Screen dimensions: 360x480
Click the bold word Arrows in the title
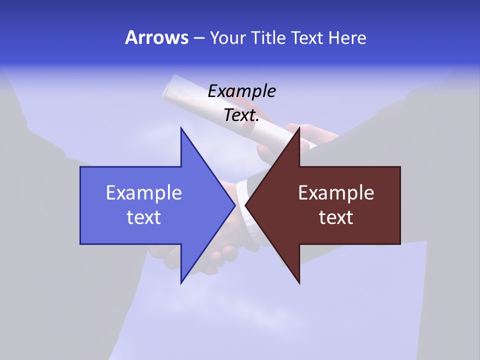click(156, 37)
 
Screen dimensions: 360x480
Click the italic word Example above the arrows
click(242, 91)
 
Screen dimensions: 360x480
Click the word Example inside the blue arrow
click(144, 193)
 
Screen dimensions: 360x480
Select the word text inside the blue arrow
click(144, 217)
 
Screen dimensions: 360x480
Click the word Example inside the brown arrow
click(336, 193)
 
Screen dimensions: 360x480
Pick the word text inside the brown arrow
click(336, 217)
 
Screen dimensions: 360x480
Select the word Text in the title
click(307, 37)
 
